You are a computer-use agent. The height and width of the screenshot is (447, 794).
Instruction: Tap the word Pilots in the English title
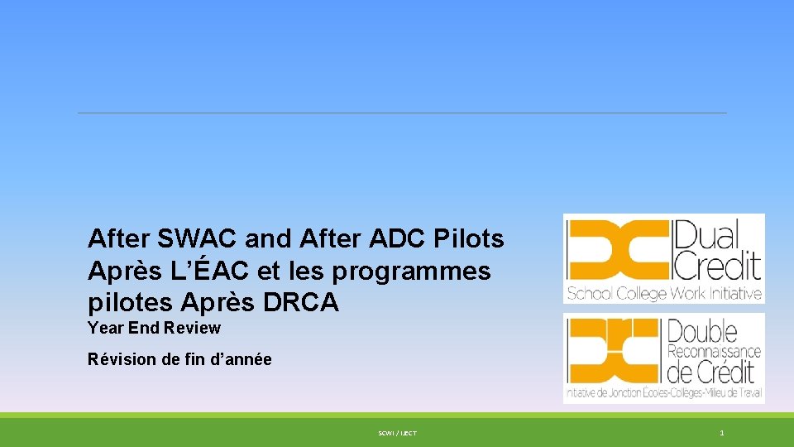coord(469,239)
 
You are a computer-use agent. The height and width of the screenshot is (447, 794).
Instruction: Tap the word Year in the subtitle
coord(105,328)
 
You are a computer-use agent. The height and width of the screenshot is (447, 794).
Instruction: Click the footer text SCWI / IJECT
coord(397,433)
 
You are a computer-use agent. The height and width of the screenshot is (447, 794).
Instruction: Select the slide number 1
coord(722,433)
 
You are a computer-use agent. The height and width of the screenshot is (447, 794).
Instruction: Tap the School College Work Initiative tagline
coord(663,293)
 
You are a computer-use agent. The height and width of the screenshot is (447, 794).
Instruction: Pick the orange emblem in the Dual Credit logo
coord(617,248)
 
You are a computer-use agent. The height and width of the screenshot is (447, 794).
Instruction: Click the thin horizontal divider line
coord(402,113)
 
